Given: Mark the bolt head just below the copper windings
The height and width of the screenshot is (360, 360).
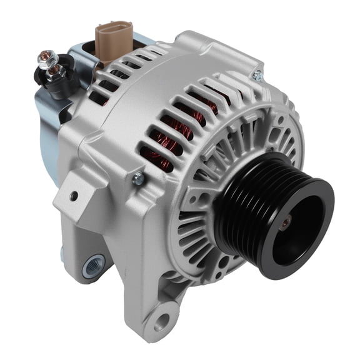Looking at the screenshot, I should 138,179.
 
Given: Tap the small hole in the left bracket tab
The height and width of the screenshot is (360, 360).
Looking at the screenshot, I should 74,196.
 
